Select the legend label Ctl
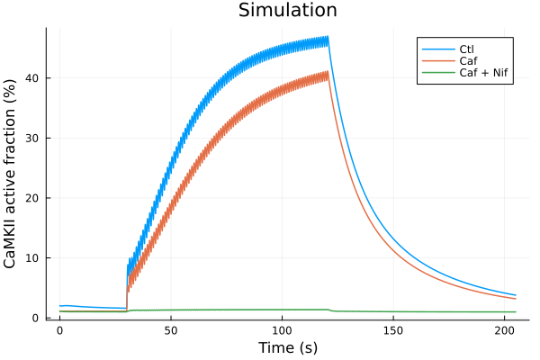pos(465,48)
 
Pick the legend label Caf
pos(466,60)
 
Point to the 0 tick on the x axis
pos(59,330)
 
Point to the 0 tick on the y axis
pos(39,318)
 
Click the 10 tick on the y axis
pos(35,258)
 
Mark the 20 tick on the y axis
pos(35,198)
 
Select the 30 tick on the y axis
pos(35,139)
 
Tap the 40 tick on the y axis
pos(35,78)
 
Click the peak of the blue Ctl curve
pos(328,37)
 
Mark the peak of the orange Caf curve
pos(328,73)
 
